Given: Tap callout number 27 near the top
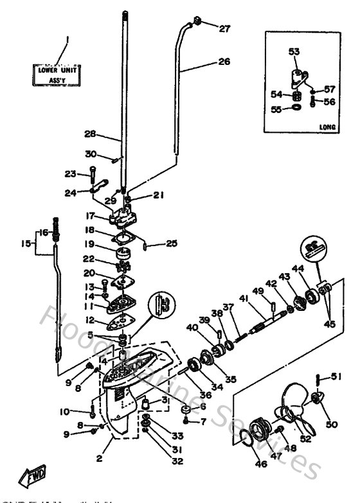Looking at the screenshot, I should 223,28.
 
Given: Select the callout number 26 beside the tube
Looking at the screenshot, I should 223,62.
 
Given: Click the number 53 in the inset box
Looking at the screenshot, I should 293,51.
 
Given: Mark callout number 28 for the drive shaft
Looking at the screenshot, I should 90,135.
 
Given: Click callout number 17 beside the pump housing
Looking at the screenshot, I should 91,216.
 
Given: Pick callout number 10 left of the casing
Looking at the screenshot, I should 64,411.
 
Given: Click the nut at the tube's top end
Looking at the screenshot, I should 198,24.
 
